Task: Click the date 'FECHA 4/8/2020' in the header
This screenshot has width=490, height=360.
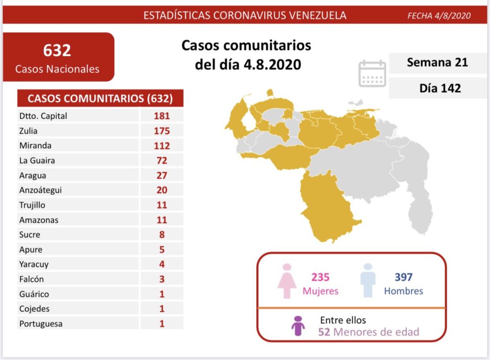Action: (439, 16)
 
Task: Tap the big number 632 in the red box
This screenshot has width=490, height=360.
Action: (57, 50)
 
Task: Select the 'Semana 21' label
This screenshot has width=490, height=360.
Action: (437, 63)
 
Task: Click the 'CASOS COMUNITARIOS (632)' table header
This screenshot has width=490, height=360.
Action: (100, 99)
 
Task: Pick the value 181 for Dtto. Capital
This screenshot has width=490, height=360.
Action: (162, 116)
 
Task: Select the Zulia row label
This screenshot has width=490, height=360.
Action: (28, 131)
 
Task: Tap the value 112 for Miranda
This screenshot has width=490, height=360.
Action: (162, 145)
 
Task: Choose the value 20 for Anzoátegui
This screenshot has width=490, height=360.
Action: (162, 190)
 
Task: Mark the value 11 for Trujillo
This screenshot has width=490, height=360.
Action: (162, 205)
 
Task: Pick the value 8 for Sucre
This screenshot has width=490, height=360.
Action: (162, 235)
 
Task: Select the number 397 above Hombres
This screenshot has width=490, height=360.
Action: (403, 277)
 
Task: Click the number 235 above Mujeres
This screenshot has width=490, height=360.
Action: (320, 277)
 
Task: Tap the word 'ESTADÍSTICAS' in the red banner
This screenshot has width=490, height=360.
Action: (178, 15)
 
